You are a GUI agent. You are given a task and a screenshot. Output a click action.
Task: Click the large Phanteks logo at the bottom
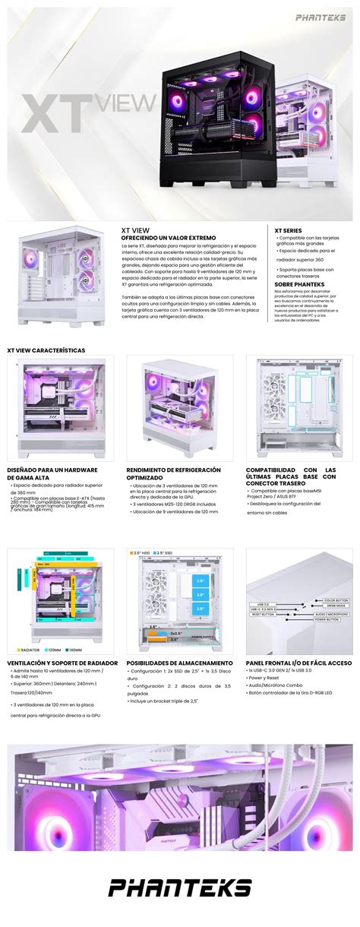click(180, 887)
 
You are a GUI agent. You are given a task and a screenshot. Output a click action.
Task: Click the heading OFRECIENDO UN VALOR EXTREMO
click(169, 237)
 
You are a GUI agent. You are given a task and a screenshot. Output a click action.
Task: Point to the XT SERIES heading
click(288, 229)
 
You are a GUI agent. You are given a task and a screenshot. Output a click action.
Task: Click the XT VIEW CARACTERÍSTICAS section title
click(46, 350)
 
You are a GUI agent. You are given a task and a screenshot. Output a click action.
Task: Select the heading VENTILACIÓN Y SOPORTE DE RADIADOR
click(62, 662)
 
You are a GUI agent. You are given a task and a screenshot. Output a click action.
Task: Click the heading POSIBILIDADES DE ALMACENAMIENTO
click(179, 662)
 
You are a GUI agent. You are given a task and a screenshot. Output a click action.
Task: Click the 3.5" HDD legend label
click(142, 552)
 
